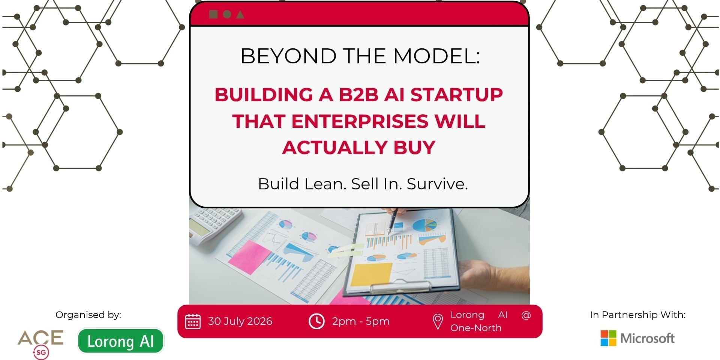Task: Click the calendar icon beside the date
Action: (193, 321)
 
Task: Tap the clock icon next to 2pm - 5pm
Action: (316, 321)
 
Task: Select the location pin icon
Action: (438, 322)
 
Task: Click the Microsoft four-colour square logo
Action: (608, 338)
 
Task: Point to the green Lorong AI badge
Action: (121, 341)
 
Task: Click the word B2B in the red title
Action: (358, 94)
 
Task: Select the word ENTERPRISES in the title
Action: (360, 121)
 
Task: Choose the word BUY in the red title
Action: (414, 147)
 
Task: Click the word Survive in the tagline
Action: (437, 184)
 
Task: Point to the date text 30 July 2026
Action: (240, 321)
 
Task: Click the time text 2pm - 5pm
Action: (361, 322)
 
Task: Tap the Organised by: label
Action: (88, 315)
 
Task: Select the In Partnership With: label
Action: (637, 315)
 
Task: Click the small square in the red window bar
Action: (213, 14)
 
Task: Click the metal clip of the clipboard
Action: (400, 286)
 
